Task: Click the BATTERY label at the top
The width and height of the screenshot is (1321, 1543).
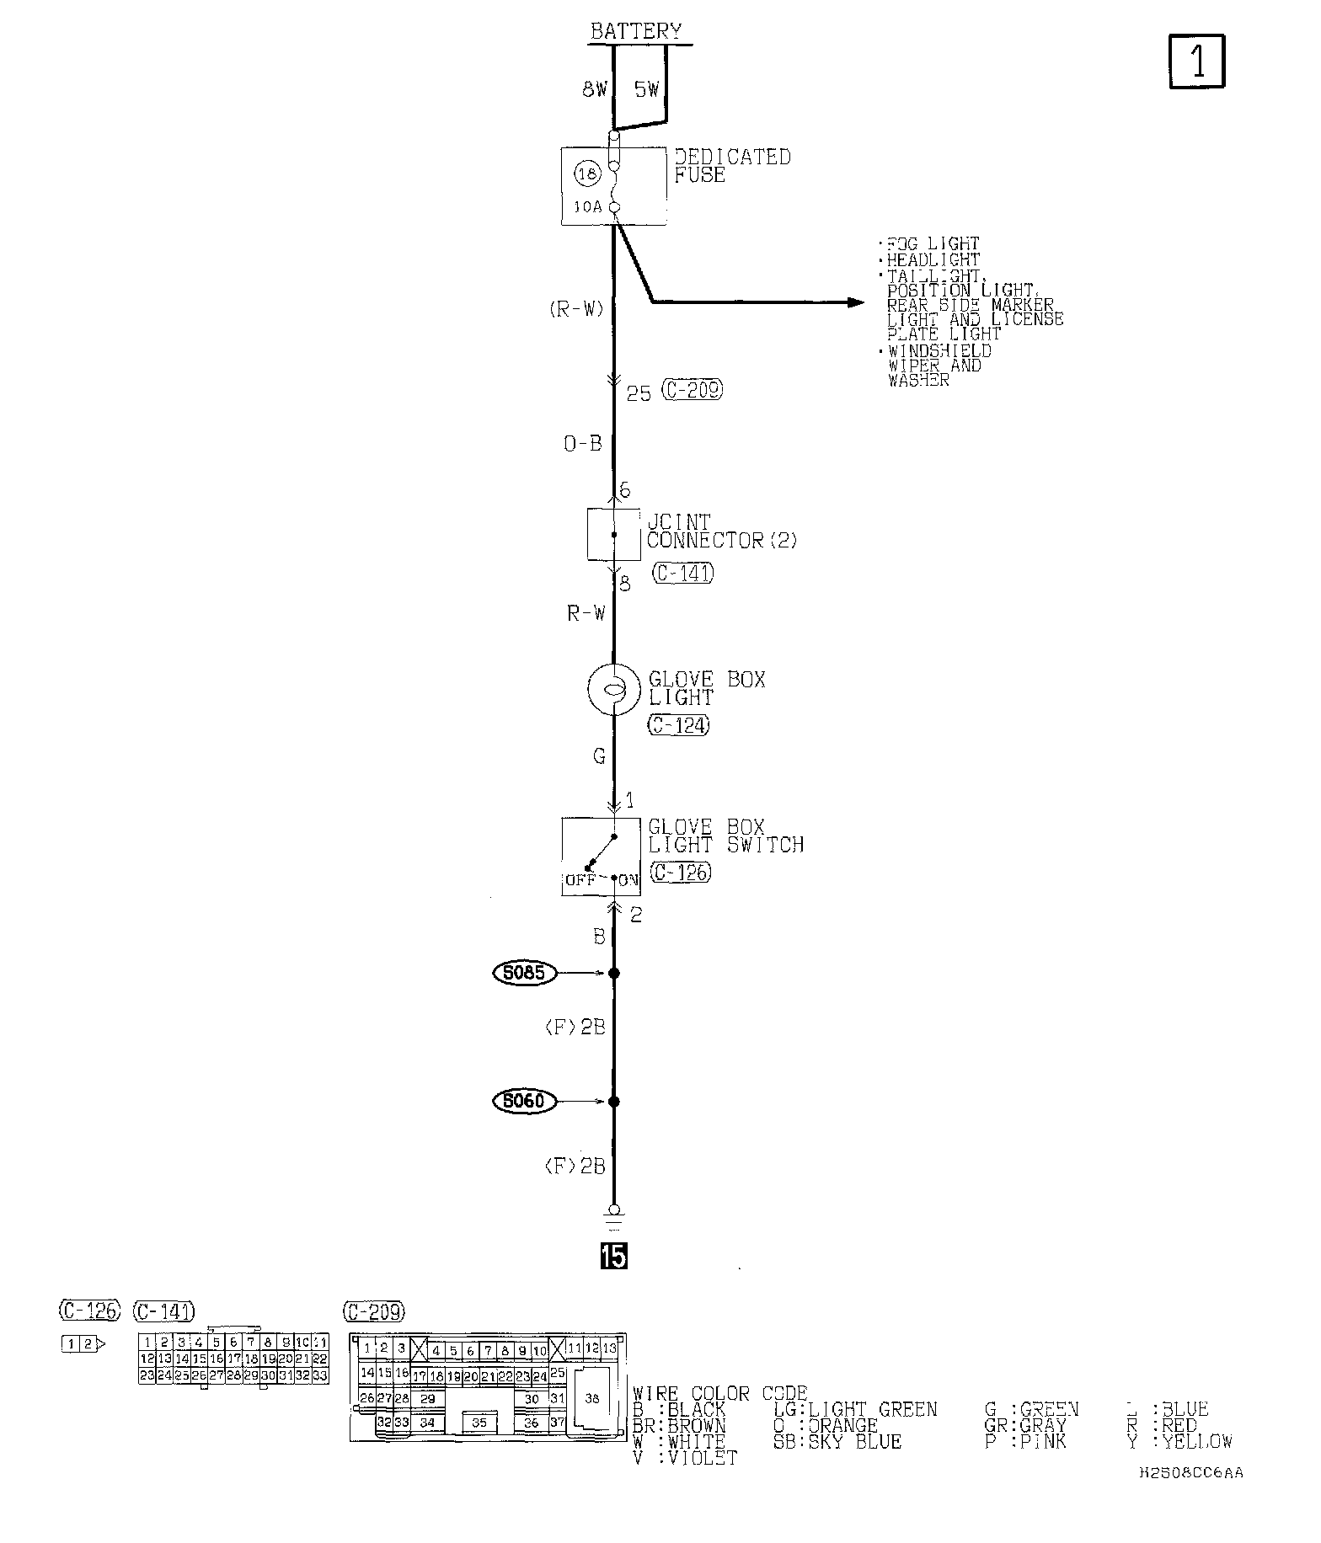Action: pyautogui.click(x=635, y=31)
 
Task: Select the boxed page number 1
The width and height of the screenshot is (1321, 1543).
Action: pyautogui.click(x=1196, y=61)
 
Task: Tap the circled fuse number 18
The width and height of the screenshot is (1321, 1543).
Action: pyautogui.click(x=588, y=175)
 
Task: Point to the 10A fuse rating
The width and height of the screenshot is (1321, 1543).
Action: pyautogui.click(x=588, y=206)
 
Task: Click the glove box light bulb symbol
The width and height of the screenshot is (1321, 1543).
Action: pyautogui.click(x=614, y=688)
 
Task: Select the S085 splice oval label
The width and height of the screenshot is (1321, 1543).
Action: pyautogui.click(x=524, y=973)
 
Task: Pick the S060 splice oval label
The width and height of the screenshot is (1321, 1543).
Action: pyautogui.click(x=524, y=1101)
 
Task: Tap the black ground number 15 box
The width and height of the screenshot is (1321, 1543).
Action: pyautogui.click(x=613, y=1256)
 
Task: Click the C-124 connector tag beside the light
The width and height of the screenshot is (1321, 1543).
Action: pyautogui.click(x=678, y=724)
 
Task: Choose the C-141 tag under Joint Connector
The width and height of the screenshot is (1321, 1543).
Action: pyautogui.click(x=682, y=574)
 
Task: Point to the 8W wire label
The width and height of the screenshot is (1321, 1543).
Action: pyautogui.click(x=594, y=90)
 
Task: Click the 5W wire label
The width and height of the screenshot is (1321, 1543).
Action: pyautogui.click(x=647, y=89)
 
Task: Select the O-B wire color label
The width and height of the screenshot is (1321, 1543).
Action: pyautogui.click(x=583, y=443)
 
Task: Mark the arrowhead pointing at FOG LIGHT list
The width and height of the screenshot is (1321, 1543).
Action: pyautogui.click(x=855, y=302)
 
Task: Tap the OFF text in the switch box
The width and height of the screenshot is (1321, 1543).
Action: pyautogui.click(x=580, y=880)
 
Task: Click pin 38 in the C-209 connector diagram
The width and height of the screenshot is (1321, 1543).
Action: pyautogui.click(x=591, y=1398)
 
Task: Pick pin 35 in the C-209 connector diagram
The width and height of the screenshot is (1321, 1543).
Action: pyautogui.click(x=479, y=1423)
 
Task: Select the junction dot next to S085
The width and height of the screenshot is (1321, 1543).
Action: pyautogui.click(x=614, y=973)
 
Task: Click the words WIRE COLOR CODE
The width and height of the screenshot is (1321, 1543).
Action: pyautogui.click(x=720, y=1394)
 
